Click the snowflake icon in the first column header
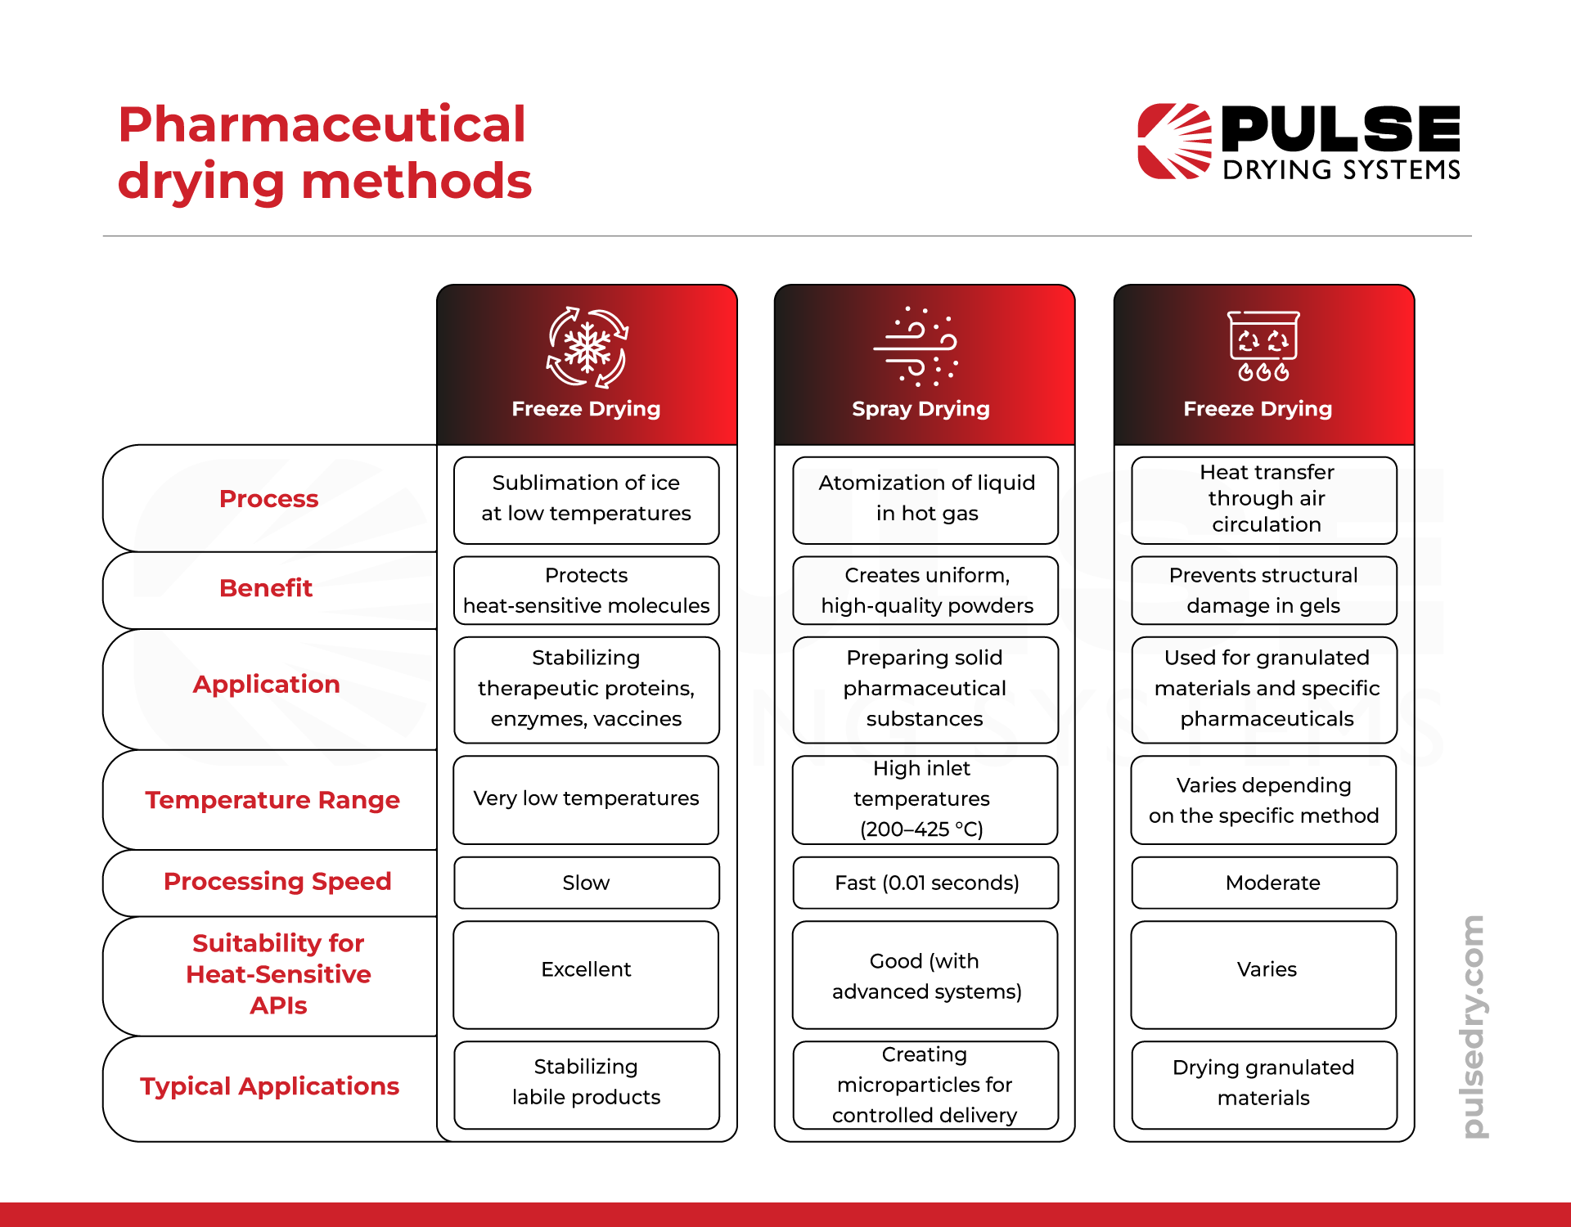[x=587, y=348]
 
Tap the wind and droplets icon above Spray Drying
[x=916, y=346]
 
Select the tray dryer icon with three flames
[x=1263, y=346]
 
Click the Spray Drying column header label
[x=921, y=408]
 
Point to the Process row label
[x=268, y=498]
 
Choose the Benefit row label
[x=266, y=587]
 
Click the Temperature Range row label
[x=272, y=799]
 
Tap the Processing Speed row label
[x=277, y=881]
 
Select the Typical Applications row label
[x=269, y=1085]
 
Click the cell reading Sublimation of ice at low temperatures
[x=587, y=500]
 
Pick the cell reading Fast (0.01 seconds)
[x=925, y=883]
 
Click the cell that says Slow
[x=587, y=883]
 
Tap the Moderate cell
[x=1264, y=883]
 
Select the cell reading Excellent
[x=586, y=974]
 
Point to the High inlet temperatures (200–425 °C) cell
[x=925, y=799]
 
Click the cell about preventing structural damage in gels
[x=1264, y=590]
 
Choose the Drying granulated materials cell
[x=1264, y=1085]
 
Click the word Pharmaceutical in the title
[x=322, y=124]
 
